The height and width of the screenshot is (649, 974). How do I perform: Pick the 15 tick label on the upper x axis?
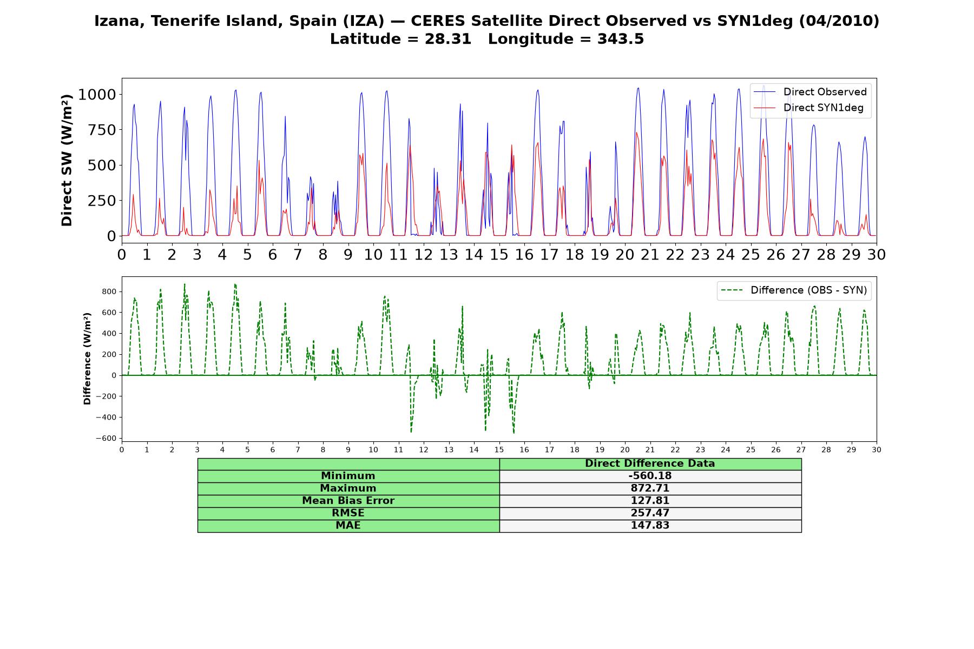[x=499, y=254]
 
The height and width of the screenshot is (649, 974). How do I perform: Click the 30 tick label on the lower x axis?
[x=876, y=450]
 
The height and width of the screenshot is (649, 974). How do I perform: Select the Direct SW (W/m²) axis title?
[x=67, y=160]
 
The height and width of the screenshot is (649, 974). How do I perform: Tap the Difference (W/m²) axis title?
[x=87, y=359]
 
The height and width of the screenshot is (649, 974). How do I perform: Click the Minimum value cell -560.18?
[x=650, y=476]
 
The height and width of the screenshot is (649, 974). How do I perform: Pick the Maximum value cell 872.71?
[x=650, y=488]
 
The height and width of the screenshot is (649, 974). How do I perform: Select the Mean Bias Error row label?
[x=348, y=501]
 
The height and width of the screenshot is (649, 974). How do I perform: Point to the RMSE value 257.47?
[x=650, y=513]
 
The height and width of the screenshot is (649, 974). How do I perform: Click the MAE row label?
[x=348, y=526]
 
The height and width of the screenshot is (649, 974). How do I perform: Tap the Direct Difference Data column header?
[x=650, y=463]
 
